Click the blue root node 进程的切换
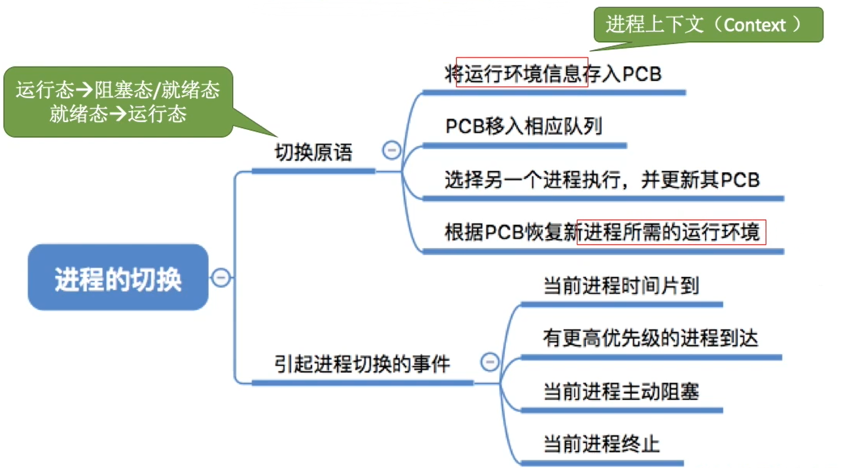(x=118, y=278)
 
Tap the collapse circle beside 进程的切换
(x=221, y=277)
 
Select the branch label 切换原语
(x=313, y=152)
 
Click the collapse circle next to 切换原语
(x=391, y=150)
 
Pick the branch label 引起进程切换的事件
(x=362, y=364)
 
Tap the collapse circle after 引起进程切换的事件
(x=489, y=362)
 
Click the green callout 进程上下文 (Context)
(x=707, y=25)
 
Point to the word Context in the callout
(x=754, y=25)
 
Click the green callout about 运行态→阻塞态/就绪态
(x=118, y=102)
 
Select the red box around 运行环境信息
(x=522, y=72)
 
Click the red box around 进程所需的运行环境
(x=671, y=232)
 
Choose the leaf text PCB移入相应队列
(x=523, y=126)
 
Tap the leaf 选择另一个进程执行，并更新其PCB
(x=602, y=180)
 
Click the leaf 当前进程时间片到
(x=621, y=286)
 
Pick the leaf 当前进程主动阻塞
(x=621, y=392)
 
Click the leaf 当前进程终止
(x=601, y=444)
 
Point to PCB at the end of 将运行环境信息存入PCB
(x=641, y=74)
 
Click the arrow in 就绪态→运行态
(x=118, y=114)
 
